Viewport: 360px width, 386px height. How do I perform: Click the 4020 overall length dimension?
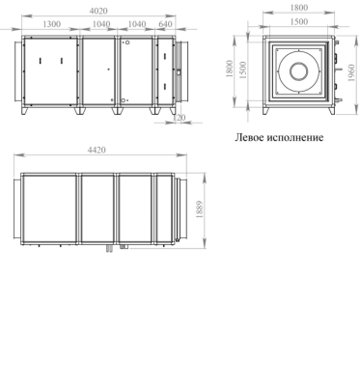[x=98, y=11]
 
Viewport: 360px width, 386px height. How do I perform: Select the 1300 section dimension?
[x=51, y=24]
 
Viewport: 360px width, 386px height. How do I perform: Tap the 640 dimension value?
[x=165, y=24]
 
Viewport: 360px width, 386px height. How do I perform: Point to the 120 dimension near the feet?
[x=179, y=118]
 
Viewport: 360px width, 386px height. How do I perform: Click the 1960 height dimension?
[x=351, y=72]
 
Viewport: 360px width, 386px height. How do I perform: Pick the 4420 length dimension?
[x=97, y=150]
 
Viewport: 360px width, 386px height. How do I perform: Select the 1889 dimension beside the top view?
[x=199, y=209]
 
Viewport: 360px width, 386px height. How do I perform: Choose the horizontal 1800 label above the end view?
[x=299, y=8]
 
